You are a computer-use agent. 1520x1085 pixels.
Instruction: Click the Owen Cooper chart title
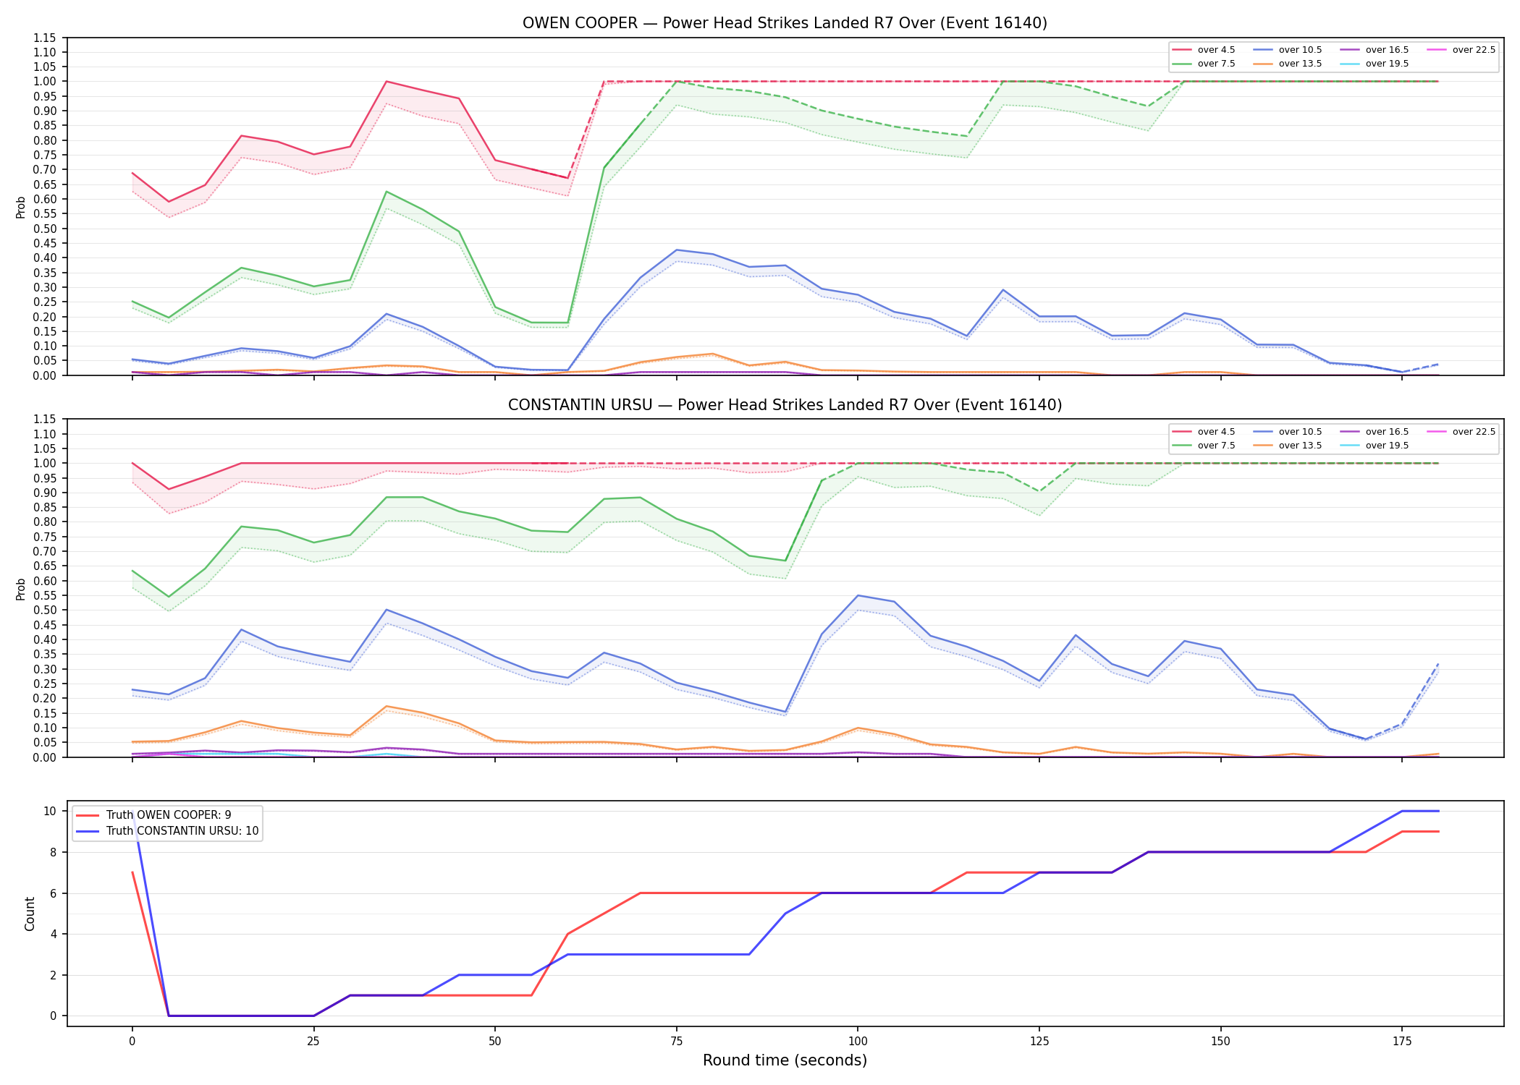click(x=785, y=23)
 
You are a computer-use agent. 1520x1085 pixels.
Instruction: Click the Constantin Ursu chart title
click(x=785, y=405)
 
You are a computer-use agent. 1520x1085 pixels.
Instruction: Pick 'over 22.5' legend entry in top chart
click(x=1461, y=50)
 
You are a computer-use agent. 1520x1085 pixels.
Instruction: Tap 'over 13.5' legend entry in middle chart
click(x=1288, y=446)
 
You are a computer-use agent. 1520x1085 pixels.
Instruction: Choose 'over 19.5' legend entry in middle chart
click(x=1375, y=446)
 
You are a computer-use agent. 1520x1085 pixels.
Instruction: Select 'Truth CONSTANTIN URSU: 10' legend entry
click(x=167, y=831)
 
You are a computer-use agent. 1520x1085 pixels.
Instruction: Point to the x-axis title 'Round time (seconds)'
click(x=785, y=1060)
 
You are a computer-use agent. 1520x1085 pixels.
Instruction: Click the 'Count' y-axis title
click(x=30, y=914)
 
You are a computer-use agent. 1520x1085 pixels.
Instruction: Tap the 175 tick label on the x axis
click(x=1402, y=1042)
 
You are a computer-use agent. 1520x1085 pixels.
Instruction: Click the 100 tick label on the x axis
click(x=857, y=1042)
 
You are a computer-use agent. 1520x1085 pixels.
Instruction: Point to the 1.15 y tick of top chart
click(x=45, y=38)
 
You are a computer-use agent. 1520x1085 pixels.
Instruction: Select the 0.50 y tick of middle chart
click(x=45, y=610)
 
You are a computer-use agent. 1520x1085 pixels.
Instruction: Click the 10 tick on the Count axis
click(x=50, y=811)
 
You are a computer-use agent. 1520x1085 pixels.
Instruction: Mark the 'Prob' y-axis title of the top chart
click(x=21, y=207)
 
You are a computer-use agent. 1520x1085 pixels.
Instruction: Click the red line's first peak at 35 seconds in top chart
click(x=387, y=82)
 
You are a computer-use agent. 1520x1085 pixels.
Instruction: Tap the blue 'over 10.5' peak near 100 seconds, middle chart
click(x=858, y=595)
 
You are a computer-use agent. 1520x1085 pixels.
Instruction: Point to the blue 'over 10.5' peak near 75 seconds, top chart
click(x=677, y=250)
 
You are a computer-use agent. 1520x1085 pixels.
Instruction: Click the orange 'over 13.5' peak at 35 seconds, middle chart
click(x=387, y=706)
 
